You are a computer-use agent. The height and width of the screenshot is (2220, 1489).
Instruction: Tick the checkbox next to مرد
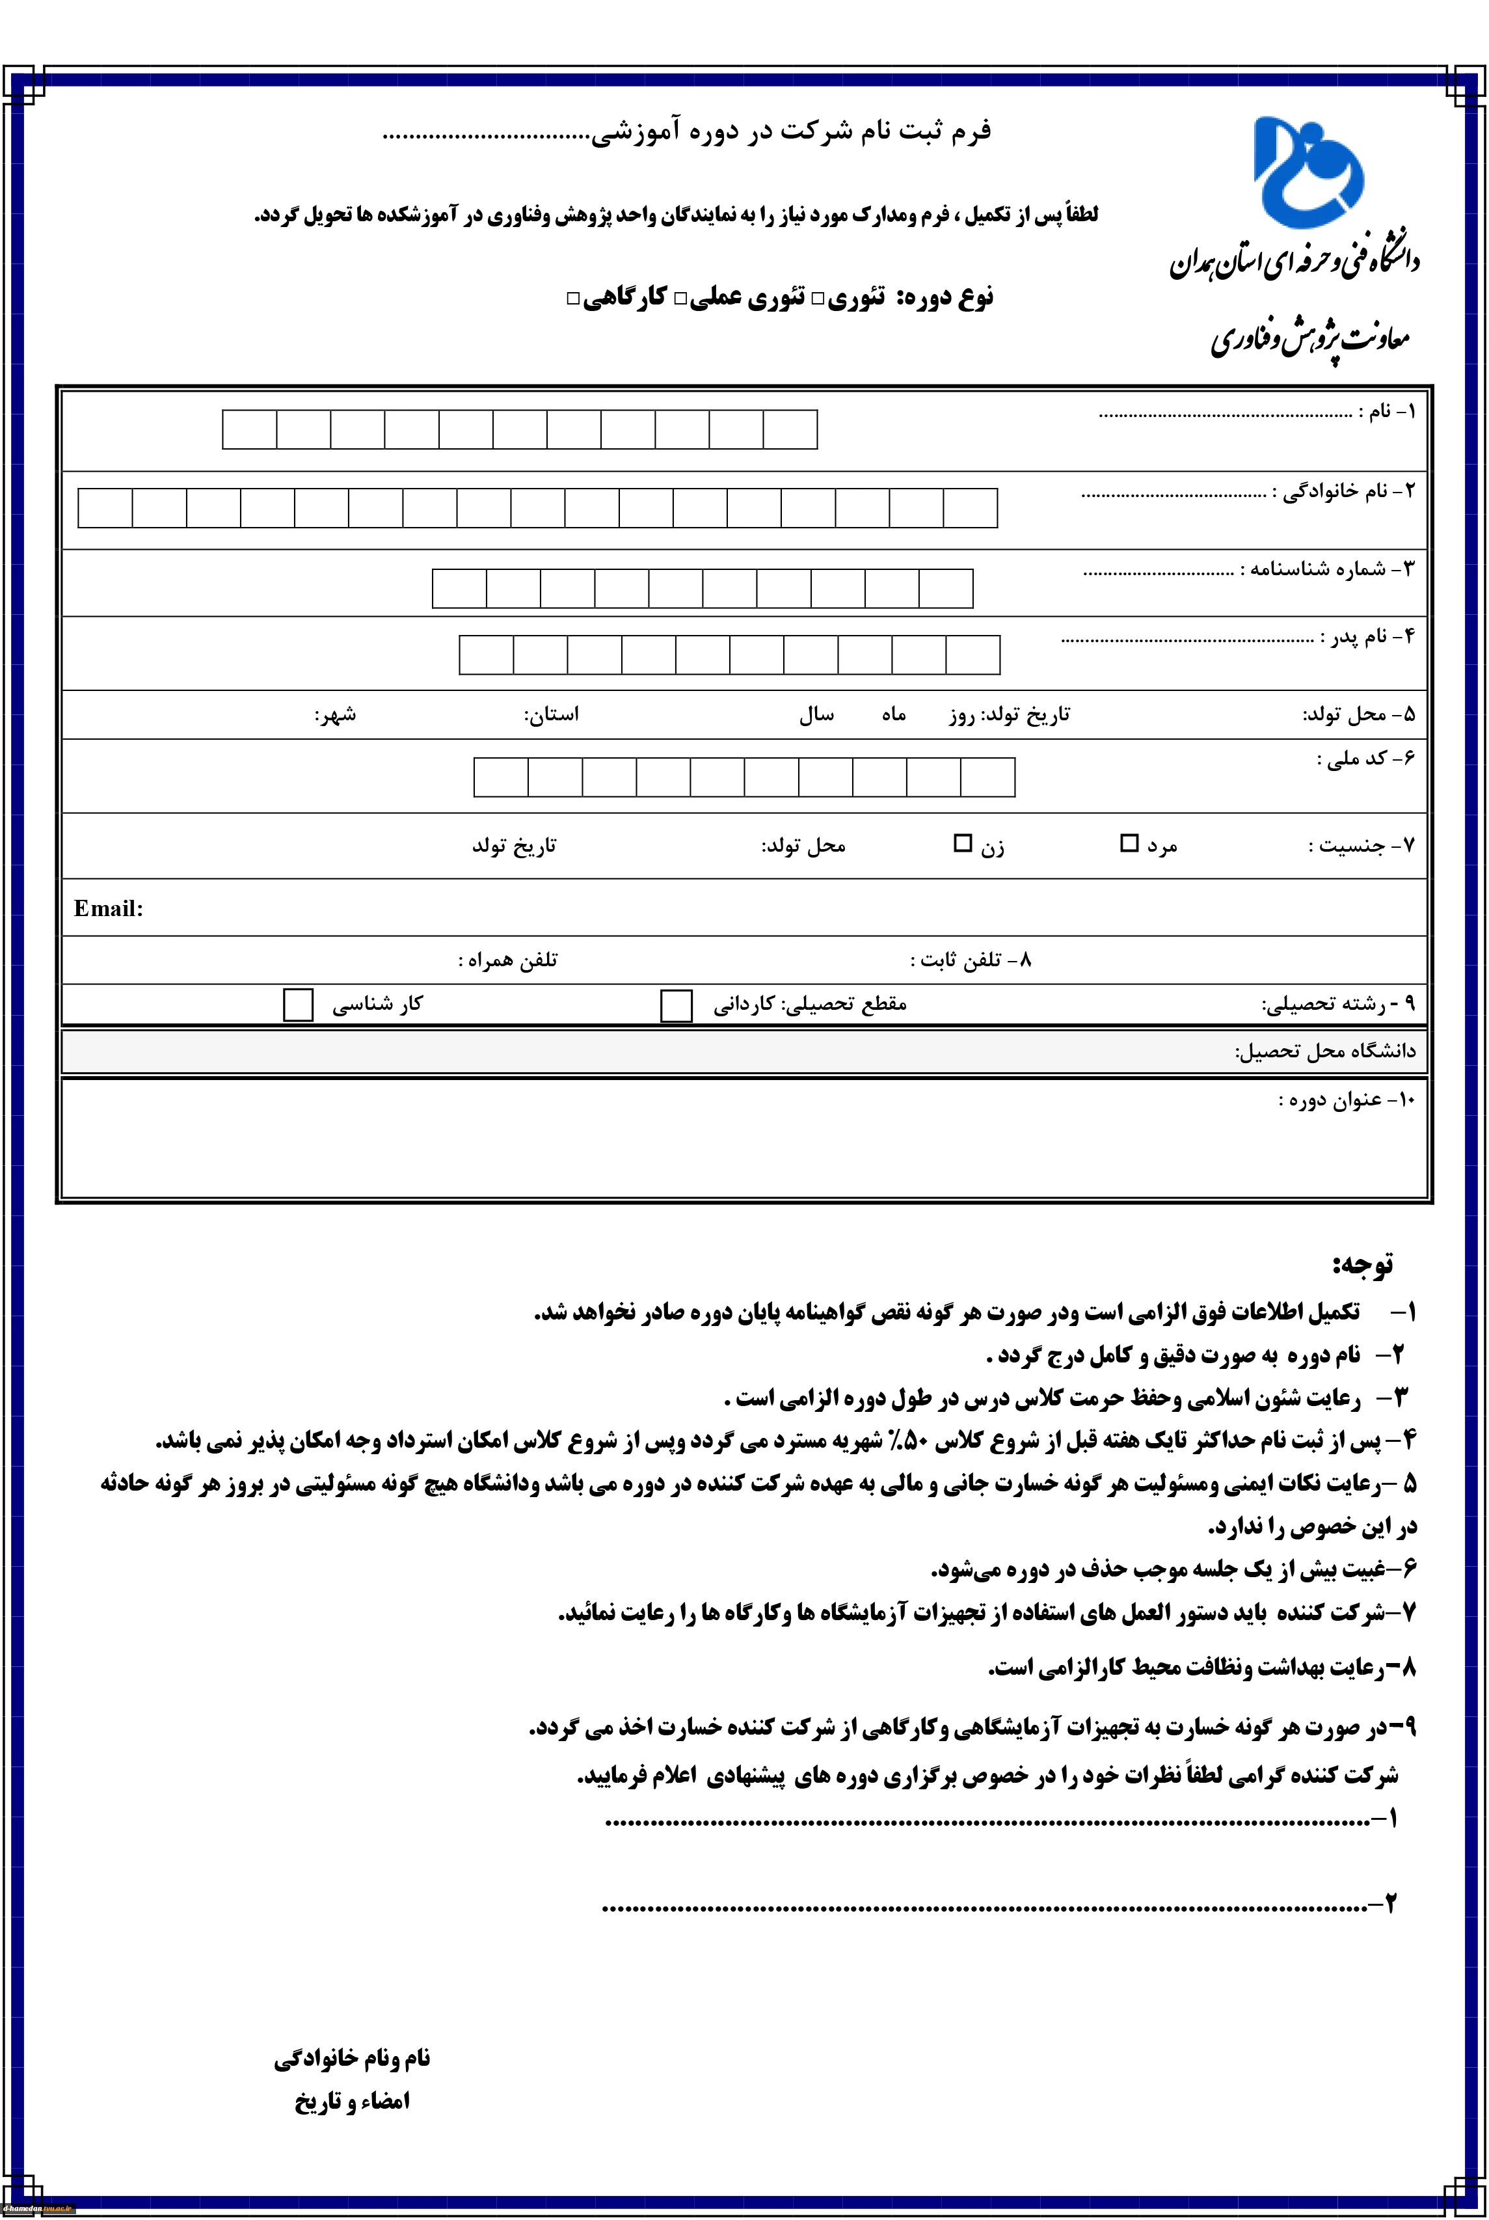pos(1129,843)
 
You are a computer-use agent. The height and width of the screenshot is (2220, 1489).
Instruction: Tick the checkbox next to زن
pos(963,843)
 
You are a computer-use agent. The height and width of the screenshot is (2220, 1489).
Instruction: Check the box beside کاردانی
pos(676,1005)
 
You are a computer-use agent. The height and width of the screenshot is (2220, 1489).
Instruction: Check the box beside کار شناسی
pos(298,1005)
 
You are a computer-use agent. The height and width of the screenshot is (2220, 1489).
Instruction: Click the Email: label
pos(108,909)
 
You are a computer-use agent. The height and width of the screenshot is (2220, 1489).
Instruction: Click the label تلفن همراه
pos(508,960)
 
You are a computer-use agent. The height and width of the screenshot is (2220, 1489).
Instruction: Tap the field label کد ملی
pos(1365,759)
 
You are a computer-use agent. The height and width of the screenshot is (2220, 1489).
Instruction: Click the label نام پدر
pos(1367,636)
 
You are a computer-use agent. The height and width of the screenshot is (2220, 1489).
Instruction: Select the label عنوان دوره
pos(1347,1100)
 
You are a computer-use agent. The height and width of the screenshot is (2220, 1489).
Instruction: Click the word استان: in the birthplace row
pos(551,714)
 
